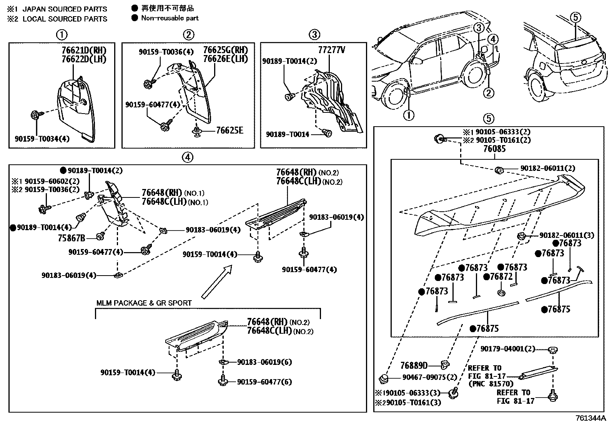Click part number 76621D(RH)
point(84,50)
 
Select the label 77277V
point(331,50)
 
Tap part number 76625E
point(229,130)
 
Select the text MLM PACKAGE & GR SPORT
point(144,303)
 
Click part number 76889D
point(414,365)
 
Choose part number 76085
point(494,149)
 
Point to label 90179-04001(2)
point(507,349)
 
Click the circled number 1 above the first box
point(62,35)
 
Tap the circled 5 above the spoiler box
point(488,119)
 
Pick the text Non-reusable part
point(170,18)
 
